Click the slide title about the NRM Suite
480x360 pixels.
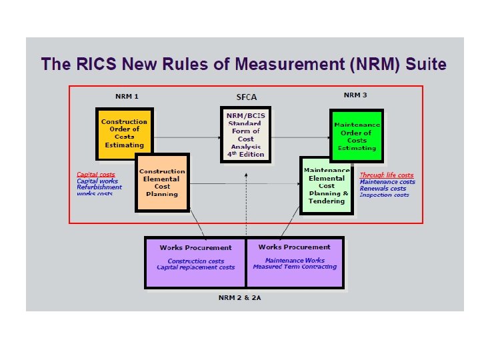(243, 65)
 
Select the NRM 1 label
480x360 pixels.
(127, 96)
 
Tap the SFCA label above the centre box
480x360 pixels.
(245, 97)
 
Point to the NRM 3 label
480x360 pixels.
(355, 95)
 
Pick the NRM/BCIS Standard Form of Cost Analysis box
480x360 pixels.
(245, 134)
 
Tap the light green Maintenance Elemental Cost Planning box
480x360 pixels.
(326, 185)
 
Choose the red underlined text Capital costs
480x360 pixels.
(95, 175)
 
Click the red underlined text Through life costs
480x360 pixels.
(386, 175)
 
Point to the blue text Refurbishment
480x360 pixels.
(99, 187)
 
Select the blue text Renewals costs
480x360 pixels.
(383, 188)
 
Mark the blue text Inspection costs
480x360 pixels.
(384, 195)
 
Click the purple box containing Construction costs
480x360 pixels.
(195, 263)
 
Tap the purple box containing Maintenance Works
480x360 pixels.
(295, 263)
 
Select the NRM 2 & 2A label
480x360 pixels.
(245, 297)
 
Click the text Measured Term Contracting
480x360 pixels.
(295, 267)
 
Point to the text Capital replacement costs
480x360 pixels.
(196, 267)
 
